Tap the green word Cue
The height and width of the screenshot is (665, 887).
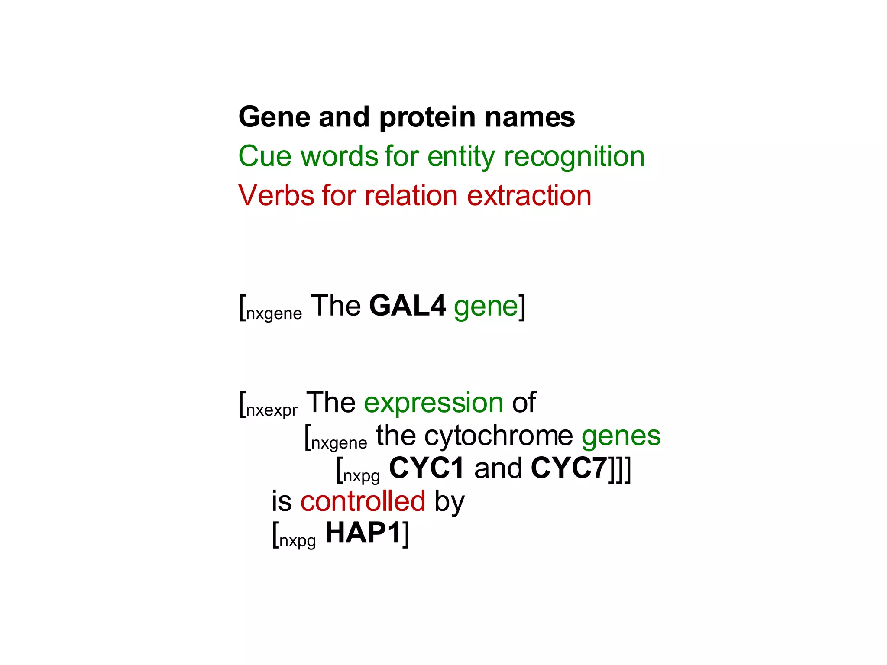(x=265, y=156)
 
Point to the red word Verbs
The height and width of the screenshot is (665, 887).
(x=276, y=196)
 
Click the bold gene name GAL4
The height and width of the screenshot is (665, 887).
(x=407, y=306)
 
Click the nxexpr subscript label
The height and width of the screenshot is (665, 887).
(x=272, y=410)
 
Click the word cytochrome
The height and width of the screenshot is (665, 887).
(x=499, y=436)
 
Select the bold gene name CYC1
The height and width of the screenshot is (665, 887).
(x=427, y=468)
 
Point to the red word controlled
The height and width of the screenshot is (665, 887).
(x=363, y=501)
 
